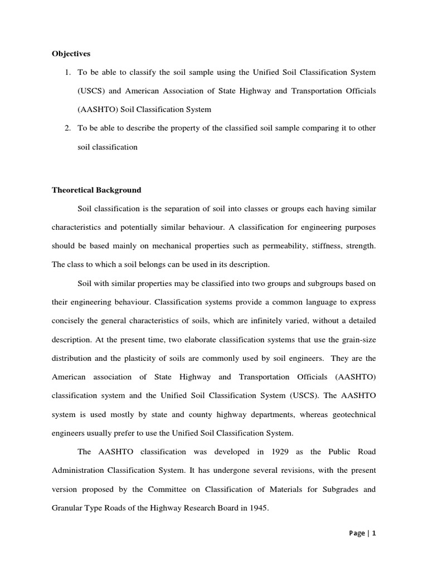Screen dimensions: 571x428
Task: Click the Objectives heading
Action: tap(71, 54)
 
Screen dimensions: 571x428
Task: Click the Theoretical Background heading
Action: tap(96, 190)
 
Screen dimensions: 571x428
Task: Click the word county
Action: tap(197, 414)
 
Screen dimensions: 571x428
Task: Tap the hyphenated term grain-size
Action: tap(356, 340)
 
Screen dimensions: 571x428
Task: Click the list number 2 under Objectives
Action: tap(67, 128)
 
